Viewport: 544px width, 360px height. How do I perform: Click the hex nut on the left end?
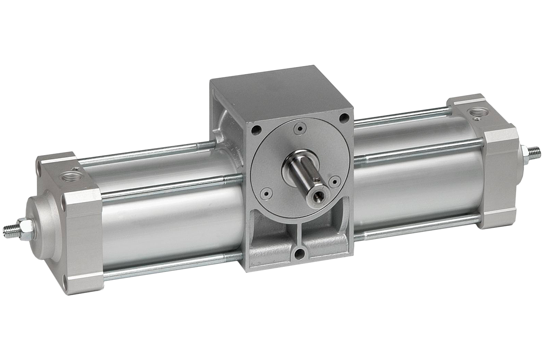point(26,228)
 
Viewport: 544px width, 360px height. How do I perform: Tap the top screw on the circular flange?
point(299,129)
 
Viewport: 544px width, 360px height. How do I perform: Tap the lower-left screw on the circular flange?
point(266,194)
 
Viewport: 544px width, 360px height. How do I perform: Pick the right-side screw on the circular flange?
point(334,181)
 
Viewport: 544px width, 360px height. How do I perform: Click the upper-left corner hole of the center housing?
point(256,130)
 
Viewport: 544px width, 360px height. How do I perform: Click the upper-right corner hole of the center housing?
point(344,118)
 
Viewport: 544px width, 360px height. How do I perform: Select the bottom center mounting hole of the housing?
point(299,254)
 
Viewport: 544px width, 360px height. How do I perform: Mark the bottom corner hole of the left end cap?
point(66,283)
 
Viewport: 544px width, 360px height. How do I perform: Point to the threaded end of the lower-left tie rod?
point(234,257)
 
